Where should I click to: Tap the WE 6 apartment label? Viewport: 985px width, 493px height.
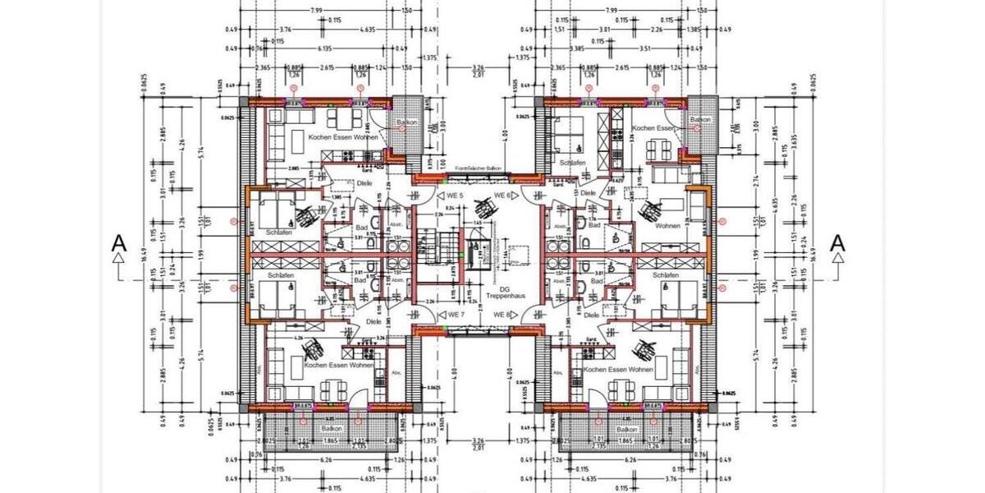tap(502, 196)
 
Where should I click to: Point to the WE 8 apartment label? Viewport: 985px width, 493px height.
tap(502, 315)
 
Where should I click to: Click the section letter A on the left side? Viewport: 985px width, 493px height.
tap(120, 244)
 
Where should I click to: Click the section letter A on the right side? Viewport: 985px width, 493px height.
tap(837, 244)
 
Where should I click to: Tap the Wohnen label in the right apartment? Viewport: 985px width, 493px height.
tap(667, 225)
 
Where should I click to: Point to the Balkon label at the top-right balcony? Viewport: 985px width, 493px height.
tap(700, 119)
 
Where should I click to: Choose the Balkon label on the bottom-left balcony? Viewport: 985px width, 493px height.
tap(332, 429)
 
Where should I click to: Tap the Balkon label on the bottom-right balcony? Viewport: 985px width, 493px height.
tap(627, 429)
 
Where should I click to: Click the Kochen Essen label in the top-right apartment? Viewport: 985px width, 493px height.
tap(654, 129)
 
